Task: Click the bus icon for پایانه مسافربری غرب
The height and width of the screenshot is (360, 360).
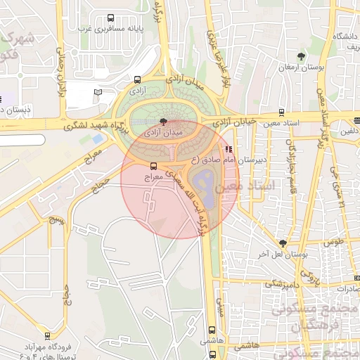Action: click(x=110, y=18)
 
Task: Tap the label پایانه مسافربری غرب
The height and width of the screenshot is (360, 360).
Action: click(x=106, y=30)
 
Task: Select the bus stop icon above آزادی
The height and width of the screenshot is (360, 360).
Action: click(x=136, y=80)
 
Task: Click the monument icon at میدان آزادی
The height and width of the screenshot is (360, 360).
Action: click(x=164, y=121)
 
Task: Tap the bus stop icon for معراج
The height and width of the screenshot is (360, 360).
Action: click(x=154, y=165)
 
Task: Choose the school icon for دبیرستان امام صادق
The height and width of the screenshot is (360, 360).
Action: click(x=229, y=150)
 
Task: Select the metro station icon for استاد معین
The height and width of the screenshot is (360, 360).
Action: click(x=281, y=111)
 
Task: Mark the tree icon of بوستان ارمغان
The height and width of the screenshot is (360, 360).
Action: click(x=302, y=56)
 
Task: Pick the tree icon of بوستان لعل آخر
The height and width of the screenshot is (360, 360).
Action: click(x=283, y=243)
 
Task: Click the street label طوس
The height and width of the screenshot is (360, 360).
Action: click(x=332, y=241)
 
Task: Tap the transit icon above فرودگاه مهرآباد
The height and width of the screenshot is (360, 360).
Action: click(x=47, y=336)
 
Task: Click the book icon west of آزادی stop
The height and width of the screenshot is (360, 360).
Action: click(x=98, y=92)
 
